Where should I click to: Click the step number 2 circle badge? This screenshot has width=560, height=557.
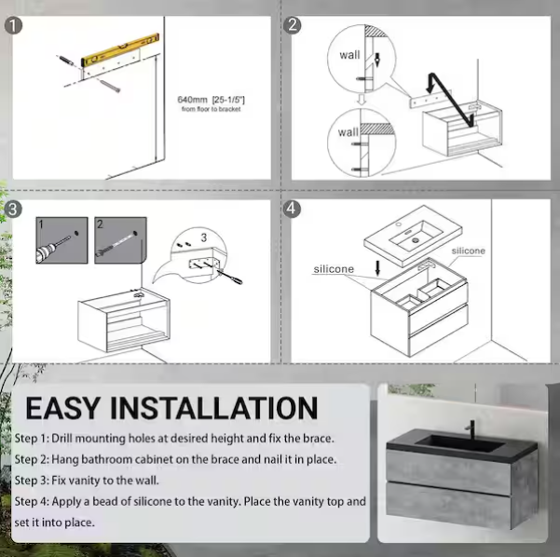pyautogui.click(x=293, y=25)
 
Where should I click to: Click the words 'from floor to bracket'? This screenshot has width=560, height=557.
pyautogui.click(x=212, y=110)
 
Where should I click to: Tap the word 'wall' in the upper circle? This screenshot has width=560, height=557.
pyautogui.click(x=349, y=55)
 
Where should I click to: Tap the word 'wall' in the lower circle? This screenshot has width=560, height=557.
pyautogui.click(x=348, y=132)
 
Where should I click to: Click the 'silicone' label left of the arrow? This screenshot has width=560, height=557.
pyautogui.click(x=334, y=269)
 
